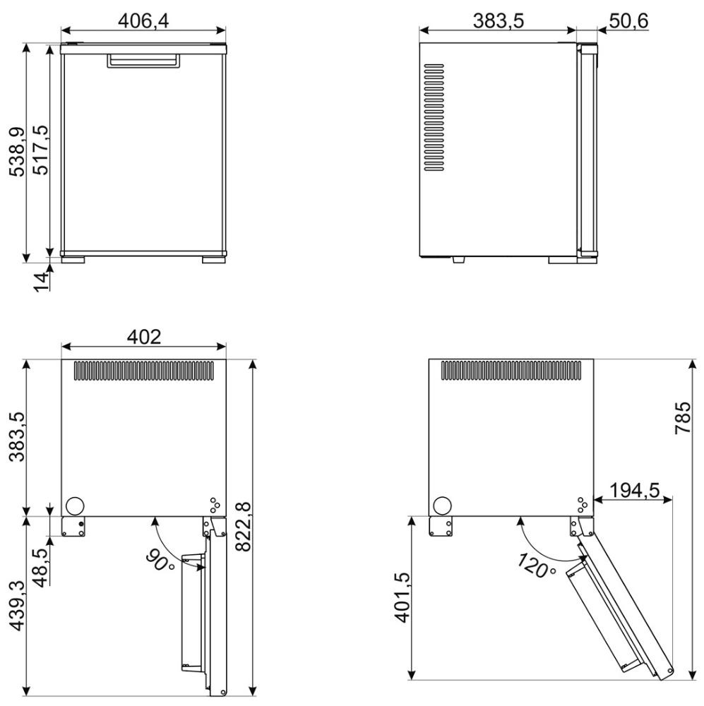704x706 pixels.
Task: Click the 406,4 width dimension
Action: point(143,20)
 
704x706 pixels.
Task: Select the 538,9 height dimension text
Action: point(18,152)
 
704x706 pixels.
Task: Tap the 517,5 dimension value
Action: point(42,150)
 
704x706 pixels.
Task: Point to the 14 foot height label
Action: point(42,282)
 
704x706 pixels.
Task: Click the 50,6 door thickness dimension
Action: point(629,20)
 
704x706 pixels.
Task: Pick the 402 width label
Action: point(143,336)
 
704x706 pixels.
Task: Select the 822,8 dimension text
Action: point(243,526)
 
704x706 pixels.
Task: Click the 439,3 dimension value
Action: point(17,605)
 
